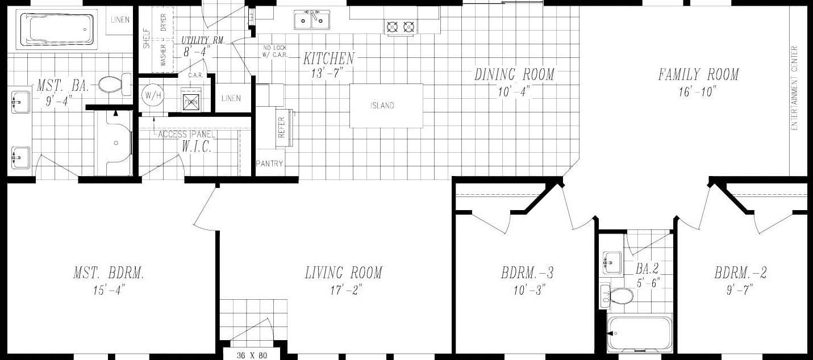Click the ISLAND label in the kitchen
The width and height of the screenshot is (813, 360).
382,106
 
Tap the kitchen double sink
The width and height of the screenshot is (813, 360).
312,21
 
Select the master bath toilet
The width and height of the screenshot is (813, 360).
114,85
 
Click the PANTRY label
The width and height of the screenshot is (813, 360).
269,164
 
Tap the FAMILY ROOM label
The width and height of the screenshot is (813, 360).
698,74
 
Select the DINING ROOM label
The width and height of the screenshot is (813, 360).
514,74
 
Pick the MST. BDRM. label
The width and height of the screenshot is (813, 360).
109,273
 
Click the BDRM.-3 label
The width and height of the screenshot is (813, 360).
527,273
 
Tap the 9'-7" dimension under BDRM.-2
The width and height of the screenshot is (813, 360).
740,290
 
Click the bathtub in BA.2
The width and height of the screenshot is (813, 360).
639,334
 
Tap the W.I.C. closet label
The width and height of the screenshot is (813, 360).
197,147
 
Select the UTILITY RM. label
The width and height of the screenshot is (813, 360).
203,40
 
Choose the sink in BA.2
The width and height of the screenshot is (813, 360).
612,263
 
